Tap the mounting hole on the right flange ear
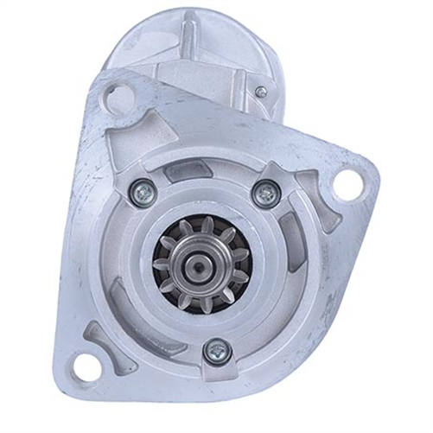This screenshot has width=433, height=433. point(347,183)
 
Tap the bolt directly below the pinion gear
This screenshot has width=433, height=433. point(217,350)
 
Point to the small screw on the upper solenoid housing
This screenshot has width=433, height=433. point(261,92)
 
